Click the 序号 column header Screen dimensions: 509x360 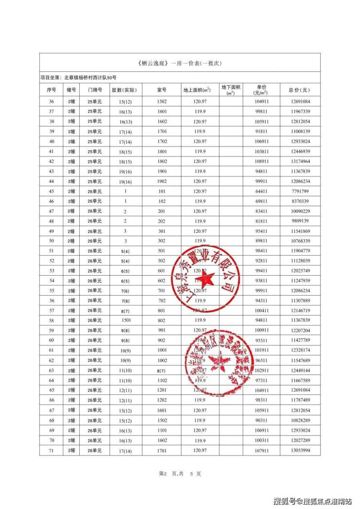click(x=51, y=90)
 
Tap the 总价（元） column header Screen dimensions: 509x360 click(x=299, y=90)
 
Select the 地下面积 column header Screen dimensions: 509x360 click(x=231, y=89)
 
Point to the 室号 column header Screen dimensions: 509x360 click(x=162, y=90)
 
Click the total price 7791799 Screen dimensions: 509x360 click(x=299, y=191)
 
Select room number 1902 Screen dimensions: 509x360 click(x=162, y=181)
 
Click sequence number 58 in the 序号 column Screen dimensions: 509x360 click(x=51, y=320)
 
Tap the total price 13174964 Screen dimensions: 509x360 click(x=299, y=161)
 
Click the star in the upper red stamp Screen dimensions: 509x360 click(x=205, y=279)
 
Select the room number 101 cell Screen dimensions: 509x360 click(x=162, y=191)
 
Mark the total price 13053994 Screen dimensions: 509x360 click(x=299, y=451)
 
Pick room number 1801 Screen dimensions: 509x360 click(x=162, y=151)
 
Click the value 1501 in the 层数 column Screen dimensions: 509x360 click(x=125, y=320)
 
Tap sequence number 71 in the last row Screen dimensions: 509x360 click(x=51, y=451)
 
